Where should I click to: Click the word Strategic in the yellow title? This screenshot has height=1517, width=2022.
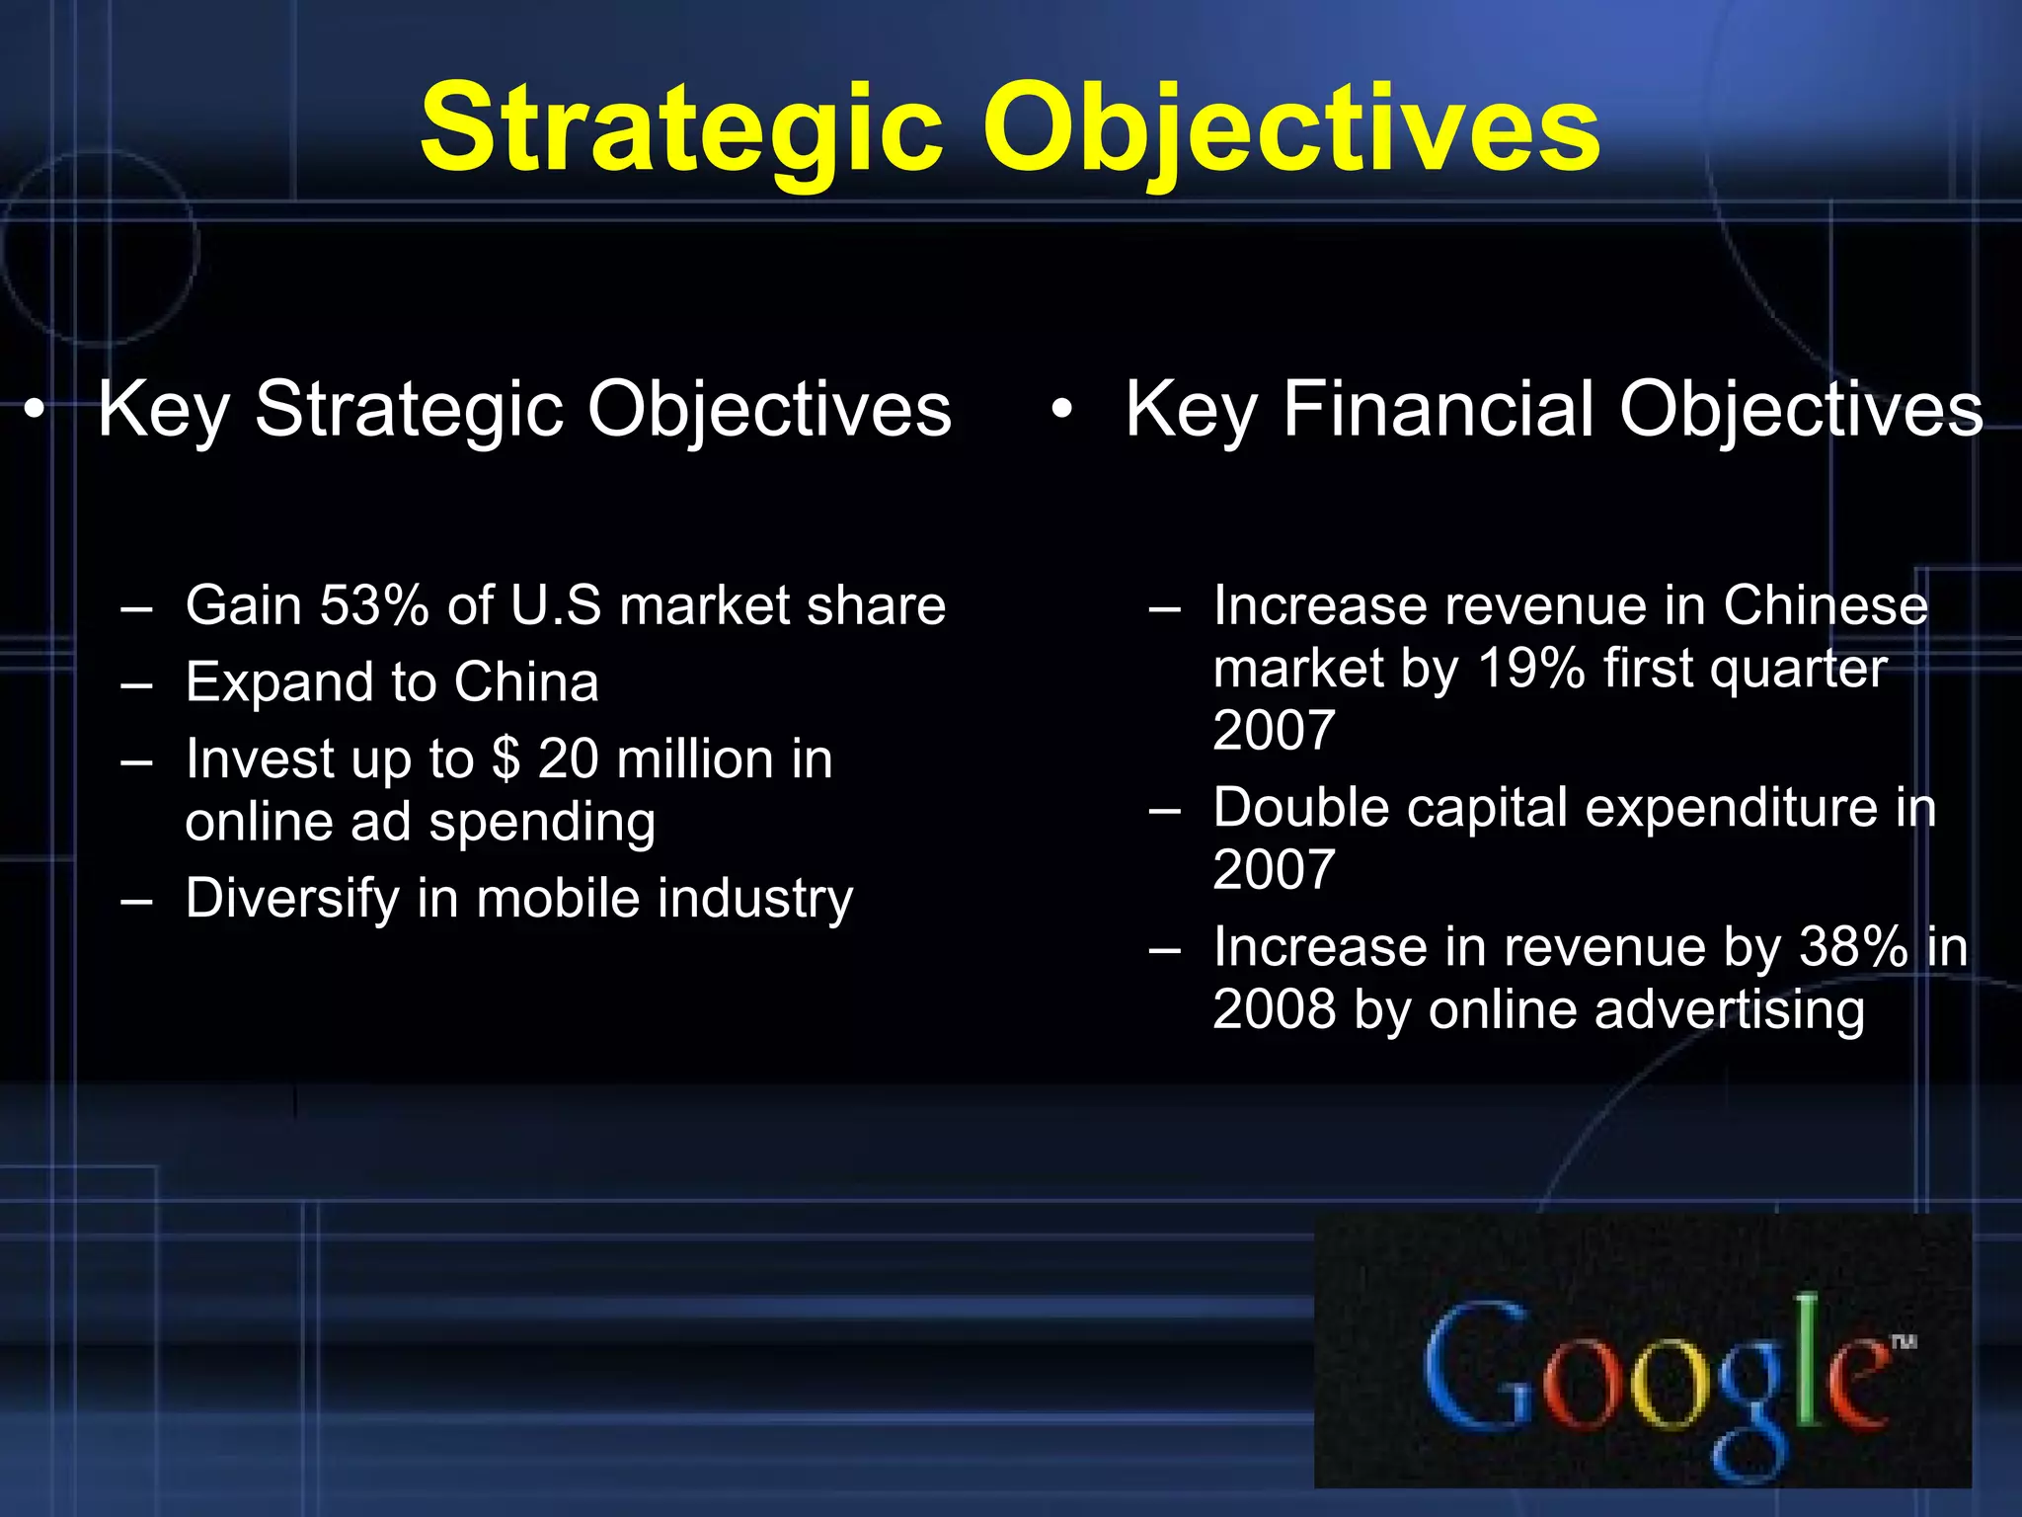tap(681, 128)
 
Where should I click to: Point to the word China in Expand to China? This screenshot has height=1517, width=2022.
tap(526, 681)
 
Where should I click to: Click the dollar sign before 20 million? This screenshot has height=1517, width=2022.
tap(505, 758)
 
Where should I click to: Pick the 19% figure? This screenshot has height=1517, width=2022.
tap(1530, 668)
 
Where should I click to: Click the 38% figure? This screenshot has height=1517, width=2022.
tap(1853, 946)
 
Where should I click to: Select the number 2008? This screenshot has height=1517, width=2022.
tap(1274, 1009)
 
